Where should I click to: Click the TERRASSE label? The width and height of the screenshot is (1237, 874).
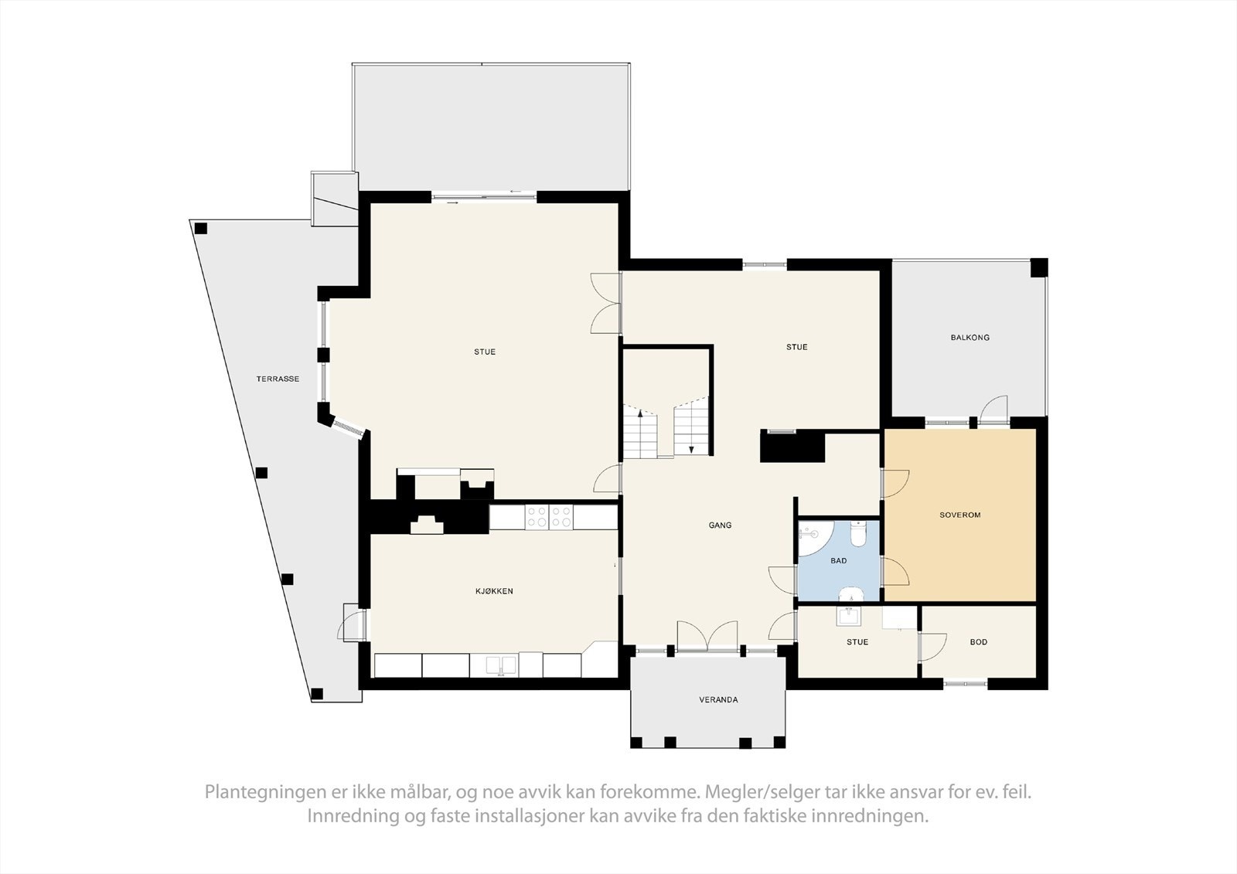[278, 379]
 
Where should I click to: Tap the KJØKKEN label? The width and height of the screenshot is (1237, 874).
[494, 591]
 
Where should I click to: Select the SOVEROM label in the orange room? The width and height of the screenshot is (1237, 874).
[959, 515]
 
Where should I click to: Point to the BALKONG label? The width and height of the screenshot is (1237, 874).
[969, 338]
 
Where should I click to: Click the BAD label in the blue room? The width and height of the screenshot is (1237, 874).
[838, 561]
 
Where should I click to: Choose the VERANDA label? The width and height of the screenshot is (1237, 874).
[718, 700]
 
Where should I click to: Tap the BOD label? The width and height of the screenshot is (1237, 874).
[978, 642]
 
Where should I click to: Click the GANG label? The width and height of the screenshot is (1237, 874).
[720, 525]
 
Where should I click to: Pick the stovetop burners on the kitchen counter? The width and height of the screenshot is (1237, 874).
[548, 517]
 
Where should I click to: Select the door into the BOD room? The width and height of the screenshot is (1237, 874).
[932, 646]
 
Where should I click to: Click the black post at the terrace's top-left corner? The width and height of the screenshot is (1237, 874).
[201, 228]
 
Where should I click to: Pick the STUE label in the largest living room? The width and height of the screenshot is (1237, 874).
[485, 352]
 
